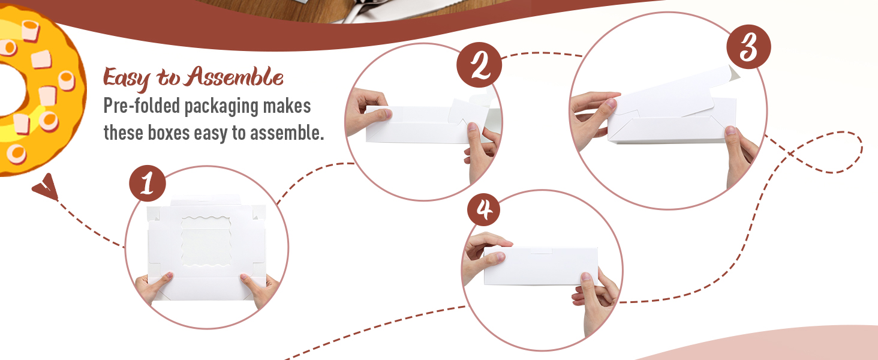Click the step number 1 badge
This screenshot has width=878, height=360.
click(x=148, y=183)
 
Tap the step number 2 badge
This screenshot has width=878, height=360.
click(x=479, y=65)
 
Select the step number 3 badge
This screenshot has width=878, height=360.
click(x=748, y=47)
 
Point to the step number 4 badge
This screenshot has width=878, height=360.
click(x=484, y=209)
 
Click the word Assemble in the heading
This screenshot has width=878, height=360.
click(x=234, y=76)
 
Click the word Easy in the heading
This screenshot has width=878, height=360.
click(x=127, y=79)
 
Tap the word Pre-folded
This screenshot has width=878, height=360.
click(x=142, y=106)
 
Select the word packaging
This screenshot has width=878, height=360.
click(x=221, y=107)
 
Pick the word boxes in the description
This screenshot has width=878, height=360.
click(x=169, y=133)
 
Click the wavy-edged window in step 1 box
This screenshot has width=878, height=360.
click(x=206, y=242)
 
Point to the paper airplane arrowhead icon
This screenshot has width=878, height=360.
click(x=46, y=187)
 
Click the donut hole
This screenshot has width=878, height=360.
click(x=11, y=90)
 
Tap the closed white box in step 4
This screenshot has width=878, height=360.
click(x=541, y=266)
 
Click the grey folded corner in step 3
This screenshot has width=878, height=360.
click(x=733, y=74)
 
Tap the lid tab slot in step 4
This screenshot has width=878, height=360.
click(x=542, y=251)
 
